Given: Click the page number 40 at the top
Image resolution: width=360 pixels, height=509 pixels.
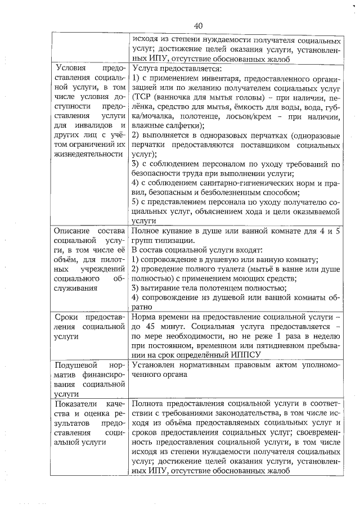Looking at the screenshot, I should [x=197, y=25].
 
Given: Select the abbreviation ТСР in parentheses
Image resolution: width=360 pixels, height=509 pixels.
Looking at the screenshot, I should [x=141, y=97].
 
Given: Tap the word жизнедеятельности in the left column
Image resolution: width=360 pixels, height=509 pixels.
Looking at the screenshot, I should [x=87, y=154].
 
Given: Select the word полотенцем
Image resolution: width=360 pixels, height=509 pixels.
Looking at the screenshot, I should [x=210, y=289].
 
